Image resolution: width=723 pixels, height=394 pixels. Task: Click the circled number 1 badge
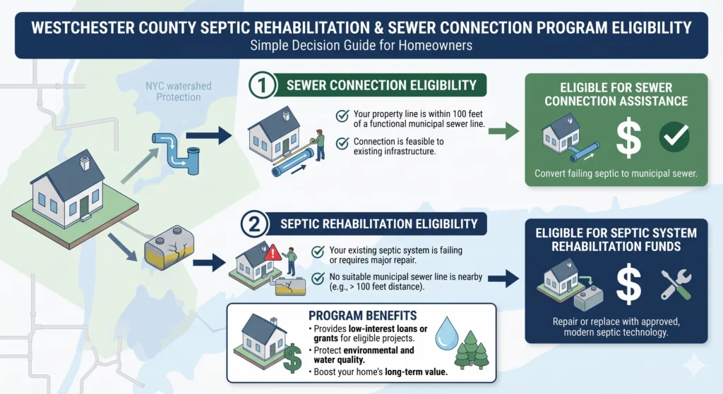pos(263,85)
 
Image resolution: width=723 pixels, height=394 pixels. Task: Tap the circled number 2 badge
pos(254,224)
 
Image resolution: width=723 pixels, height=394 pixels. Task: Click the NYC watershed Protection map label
pos(179,92)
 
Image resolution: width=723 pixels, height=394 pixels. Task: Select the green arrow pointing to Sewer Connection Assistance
pos(503,131)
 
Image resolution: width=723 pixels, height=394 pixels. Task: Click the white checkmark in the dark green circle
pos(674,137)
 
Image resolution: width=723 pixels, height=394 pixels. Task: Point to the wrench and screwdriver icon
pos(676,285)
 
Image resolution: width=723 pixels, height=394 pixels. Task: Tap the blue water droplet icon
pos(447,333)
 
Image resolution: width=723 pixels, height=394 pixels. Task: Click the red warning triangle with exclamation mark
pos(273,253)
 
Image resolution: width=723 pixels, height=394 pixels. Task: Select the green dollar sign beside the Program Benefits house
pos(292,359)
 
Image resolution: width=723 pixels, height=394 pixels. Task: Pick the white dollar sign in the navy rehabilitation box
pos(628,283)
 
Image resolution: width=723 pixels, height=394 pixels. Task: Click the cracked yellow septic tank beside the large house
pos(169,248)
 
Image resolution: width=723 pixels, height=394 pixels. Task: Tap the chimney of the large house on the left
pos(85,163)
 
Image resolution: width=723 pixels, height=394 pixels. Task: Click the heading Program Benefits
pos(362,316)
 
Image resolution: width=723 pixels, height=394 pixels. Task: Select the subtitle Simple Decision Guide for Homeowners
pos(361,46)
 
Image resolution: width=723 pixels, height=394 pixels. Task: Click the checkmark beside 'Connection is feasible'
pos(342,144)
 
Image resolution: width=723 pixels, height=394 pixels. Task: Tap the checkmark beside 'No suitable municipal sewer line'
pos(318,279)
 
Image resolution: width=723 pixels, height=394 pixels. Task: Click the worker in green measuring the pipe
pos(319,144)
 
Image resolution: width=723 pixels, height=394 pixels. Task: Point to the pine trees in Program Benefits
pos(471,350)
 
